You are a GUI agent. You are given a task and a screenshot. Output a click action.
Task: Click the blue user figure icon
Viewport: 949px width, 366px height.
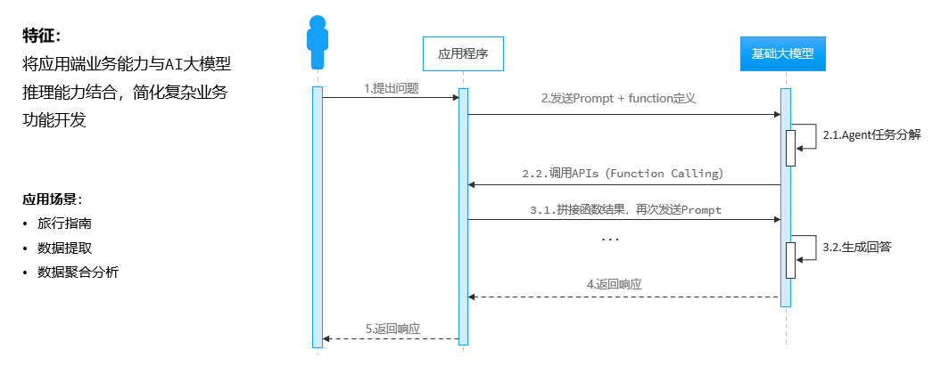point(317,42)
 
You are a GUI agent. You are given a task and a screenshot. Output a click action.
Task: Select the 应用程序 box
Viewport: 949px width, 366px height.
point(463,53)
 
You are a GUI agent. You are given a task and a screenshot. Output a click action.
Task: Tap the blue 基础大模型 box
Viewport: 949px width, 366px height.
point(782,53)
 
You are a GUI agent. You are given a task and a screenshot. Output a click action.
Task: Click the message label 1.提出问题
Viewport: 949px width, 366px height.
point(392,88)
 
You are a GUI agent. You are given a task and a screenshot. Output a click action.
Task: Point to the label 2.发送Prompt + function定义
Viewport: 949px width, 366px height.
point(618,100)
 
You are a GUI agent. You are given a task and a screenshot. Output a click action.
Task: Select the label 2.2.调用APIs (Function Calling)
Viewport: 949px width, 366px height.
point(623,173)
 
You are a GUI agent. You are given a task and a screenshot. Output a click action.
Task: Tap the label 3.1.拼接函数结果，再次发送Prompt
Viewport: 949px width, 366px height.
point(624,210)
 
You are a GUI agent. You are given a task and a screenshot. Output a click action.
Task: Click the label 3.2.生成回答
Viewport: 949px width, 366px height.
point(857,247)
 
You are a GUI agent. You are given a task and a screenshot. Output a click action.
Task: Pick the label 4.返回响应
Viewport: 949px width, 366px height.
point(615,284)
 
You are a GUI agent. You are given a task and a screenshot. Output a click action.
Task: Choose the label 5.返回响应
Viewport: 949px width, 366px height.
point(392,329)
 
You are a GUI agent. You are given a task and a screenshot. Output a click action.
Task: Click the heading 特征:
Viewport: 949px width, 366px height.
point(42,37)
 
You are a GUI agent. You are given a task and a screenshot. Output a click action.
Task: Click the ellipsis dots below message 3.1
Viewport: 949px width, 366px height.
point(610,240)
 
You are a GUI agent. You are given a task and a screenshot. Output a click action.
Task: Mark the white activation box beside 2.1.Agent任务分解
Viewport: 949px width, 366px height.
point(790,148)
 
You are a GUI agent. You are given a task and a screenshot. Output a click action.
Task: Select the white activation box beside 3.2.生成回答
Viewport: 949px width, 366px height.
point(790,260)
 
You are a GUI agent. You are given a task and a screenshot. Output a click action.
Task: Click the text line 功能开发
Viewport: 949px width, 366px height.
point(54,120)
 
